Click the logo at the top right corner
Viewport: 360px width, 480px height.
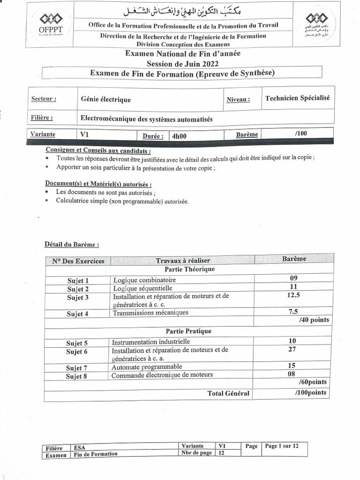pyautogui.click(x=314, y=25)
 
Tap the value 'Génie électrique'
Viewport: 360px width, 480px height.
pyautogui.click(x=106, y=99)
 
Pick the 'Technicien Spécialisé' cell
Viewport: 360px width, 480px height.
pyautogui.click(x=297, y=98)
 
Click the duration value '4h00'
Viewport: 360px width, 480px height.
pyautogui.click(x=179, y=136)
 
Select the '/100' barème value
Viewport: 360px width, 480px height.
pyautogui.click(x=301, y=134)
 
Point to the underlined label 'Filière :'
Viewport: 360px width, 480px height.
pyautogui.click(x=42, y=118)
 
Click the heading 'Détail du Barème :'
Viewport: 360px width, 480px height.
pyautogui.click(x=72, y=244)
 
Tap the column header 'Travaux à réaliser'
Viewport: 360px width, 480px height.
pyautogui.click(x=183, y=261)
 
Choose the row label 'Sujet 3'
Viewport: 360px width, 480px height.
pyautogui.click(x=78, y=298)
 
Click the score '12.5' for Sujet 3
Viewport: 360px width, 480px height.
pyautogui.click(x=293, y=295)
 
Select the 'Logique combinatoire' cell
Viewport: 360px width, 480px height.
pyautogui.click(x=141, y=280)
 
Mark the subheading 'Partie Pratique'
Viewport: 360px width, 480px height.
pyautogui.click(x=188, y=331)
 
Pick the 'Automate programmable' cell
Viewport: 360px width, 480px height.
pyautogui.click(x=147, y=367)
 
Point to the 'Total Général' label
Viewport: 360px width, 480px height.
pyautogui.click(x=228, y=393)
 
